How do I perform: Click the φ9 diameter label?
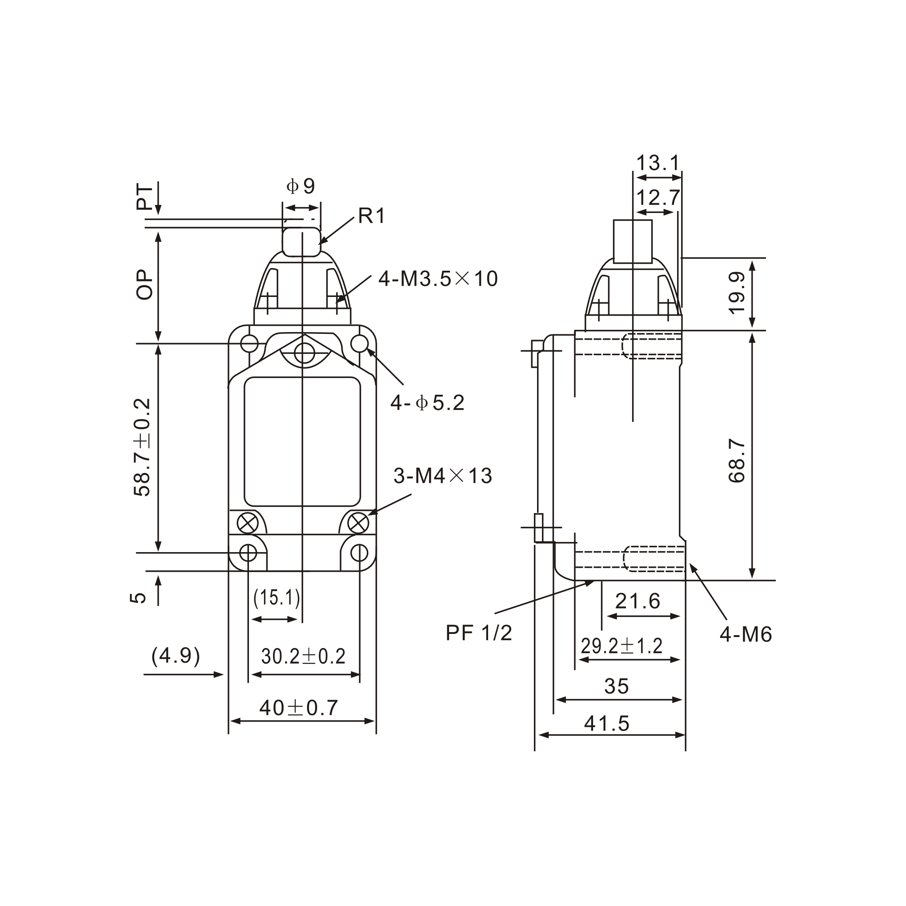[301, 187]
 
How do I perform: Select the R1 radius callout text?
[371, 216]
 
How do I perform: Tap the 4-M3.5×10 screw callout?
[438, 279]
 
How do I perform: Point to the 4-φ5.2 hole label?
[427, 403]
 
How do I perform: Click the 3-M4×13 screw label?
[443, 476]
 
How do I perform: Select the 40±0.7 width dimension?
[299, 708]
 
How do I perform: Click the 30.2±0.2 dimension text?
[303, 657]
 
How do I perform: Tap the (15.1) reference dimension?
[276, 598]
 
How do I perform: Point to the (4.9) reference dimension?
[176, 656]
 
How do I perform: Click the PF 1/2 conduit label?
[479, 633]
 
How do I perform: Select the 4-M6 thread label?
[746, 634]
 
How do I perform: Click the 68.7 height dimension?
[737, 461]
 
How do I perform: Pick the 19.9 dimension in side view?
[737, 293]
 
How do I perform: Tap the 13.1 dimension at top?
[657, 163]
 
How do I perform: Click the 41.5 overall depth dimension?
[607, 724]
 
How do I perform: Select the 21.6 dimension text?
[637, 601]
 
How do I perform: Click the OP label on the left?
[144, 285]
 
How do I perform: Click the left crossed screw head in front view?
[248, 523]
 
